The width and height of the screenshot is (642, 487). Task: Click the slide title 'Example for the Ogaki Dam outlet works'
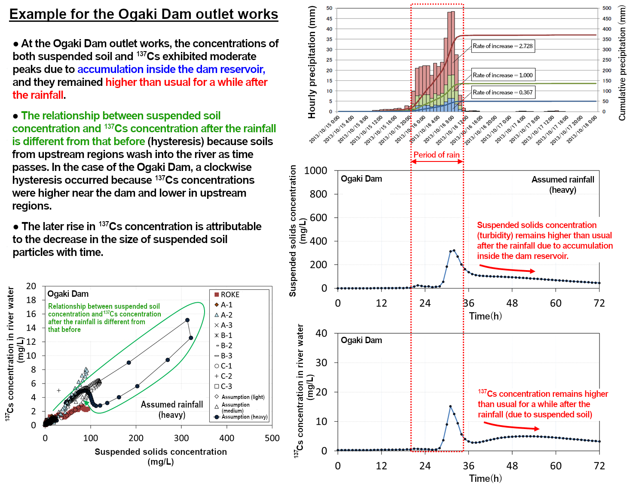point(144,14)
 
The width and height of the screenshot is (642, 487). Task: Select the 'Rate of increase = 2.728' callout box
point(503,46)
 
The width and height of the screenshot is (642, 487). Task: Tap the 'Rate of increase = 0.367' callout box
point(503,92)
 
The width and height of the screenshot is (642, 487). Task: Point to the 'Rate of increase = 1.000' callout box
point(503,75)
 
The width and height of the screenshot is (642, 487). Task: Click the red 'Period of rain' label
point(436,155)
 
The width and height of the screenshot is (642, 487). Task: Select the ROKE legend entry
point(227,295)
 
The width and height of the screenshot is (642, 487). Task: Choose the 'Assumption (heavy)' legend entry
point(241,417)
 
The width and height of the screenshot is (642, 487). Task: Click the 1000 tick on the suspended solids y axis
point(316,170)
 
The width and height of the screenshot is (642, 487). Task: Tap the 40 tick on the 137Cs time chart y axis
point(321,333)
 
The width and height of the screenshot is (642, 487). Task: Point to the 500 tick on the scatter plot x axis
point(272,438)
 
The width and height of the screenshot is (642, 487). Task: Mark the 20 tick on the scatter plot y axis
point(31,286)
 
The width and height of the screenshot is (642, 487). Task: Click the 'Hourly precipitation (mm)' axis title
point(312,62)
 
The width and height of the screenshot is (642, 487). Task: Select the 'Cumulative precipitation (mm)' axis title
point(622,63)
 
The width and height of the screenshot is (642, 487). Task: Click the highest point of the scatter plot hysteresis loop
point(187,320)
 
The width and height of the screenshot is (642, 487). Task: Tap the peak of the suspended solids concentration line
point(454,250)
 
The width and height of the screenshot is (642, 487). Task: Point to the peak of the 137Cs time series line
point(450,406)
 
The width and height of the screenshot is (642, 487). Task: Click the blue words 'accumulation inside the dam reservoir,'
point(171,69)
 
